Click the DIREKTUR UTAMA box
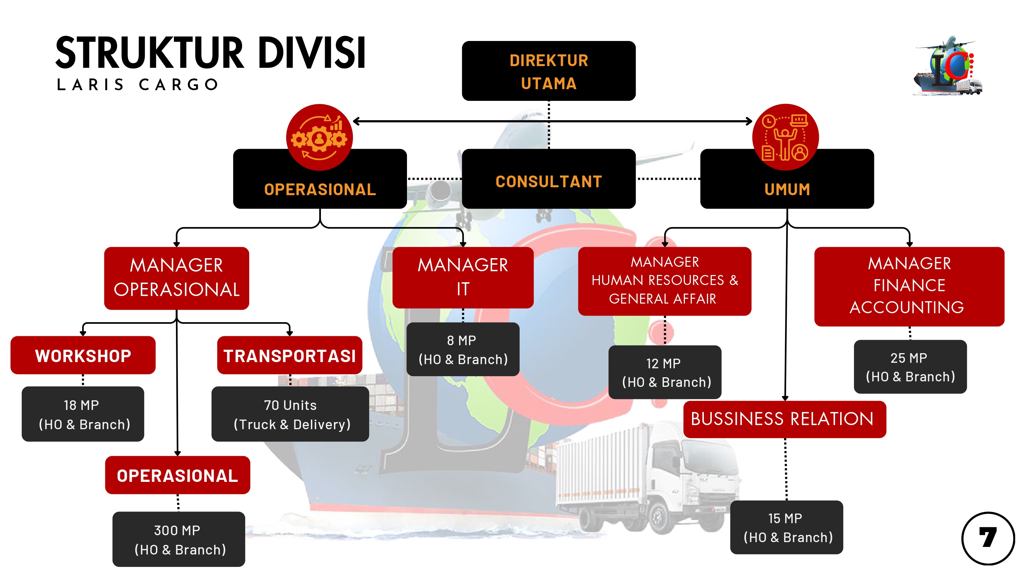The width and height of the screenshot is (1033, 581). [x=548, y=71]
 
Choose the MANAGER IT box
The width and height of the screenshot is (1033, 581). [x=462, y=277]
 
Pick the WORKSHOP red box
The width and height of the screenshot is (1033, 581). [x=83, y=355]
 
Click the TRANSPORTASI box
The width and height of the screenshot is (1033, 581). [x=289, y=355]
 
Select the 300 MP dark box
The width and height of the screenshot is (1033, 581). [x=178, y=539]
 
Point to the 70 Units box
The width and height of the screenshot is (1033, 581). [x=290, y=414]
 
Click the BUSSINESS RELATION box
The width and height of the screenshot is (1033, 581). [x=784, y=419]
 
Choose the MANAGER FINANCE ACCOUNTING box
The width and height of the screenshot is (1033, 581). [x=909, y=286]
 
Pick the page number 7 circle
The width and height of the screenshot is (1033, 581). [x=987, y=538]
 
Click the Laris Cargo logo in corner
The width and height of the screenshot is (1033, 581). [x=948, y=66]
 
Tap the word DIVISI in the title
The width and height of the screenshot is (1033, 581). [x=311, y=53]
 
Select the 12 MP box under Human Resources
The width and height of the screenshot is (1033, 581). [x=665, y=372]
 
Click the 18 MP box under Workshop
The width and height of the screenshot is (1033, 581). [x=83, y=414]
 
